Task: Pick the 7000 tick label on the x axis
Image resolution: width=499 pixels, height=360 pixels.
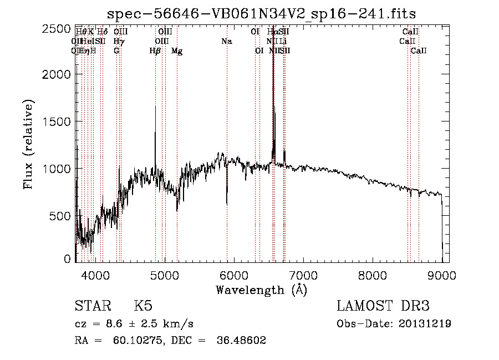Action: [x=303, y=274]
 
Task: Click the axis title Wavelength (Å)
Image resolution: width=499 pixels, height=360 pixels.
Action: [x=261, y=290]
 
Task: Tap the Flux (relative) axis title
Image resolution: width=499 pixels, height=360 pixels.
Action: [x=28, y=145]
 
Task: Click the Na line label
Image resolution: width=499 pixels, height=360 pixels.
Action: [x=227, y=42]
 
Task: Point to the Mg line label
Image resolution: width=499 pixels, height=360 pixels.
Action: [x=177, y=51]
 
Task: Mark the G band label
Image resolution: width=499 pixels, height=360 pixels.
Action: [x=116, y=51]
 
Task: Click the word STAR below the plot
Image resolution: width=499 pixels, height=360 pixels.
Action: [x=91, y=306]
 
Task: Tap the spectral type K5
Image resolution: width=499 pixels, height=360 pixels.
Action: [x=144, y=306]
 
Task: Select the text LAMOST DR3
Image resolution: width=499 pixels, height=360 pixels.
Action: [x=383, y=306]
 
